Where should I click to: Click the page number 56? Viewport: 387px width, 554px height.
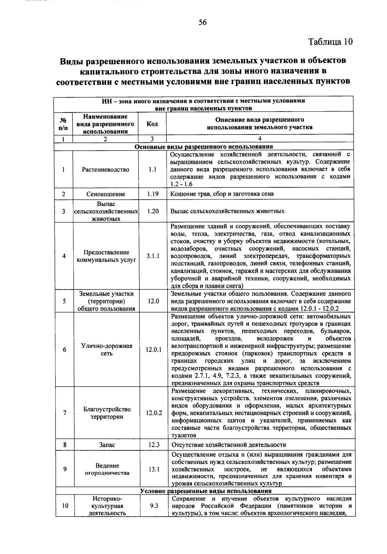coord(203,22)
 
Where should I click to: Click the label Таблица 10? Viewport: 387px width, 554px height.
coord(331,42)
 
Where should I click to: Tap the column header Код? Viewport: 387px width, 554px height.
coord(152,124)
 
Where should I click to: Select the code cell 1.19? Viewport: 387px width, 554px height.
coord(152,194)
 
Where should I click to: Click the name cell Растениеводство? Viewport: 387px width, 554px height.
coord(105,170)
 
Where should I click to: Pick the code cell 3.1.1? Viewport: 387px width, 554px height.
coord(153,256)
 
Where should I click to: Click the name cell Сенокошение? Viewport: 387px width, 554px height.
coord(105,194)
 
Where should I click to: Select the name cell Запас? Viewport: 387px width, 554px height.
coord(107,445)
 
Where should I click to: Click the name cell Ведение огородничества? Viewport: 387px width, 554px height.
coord(107,469)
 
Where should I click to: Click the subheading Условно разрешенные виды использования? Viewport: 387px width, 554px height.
coord(205,491)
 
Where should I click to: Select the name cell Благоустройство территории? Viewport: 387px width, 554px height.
coord(107,413)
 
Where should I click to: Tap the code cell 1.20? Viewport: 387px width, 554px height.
coord(153,211)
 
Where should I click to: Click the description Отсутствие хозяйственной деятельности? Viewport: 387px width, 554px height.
coord(229,445)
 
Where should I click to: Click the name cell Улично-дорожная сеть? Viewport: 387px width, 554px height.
coord(107,350)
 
